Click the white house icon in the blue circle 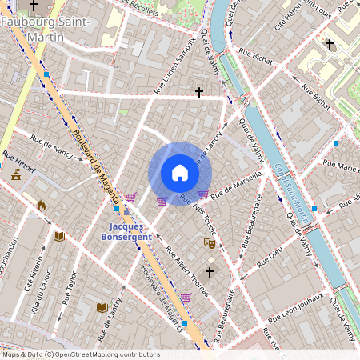point(180,173)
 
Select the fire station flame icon point(41,205)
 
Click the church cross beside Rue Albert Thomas point(210,273)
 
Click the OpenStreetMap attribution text point(80,354)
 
